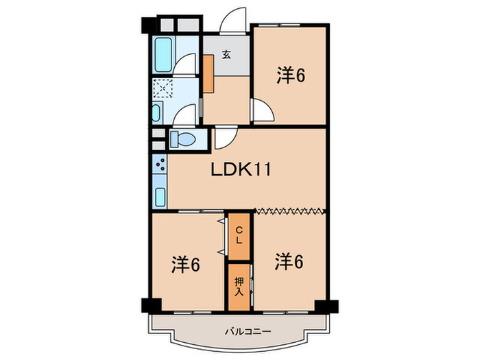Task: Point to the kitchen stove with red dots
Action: [x=159, y=165]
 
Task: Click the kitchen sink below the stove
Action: [x=159, y=195]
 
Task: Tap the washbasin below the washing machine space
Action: [x=157, y=113]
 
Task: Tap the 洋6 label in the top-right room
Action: [x=291, y=75]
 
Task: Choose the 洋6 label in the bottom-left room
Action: [x=185, y=263]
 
